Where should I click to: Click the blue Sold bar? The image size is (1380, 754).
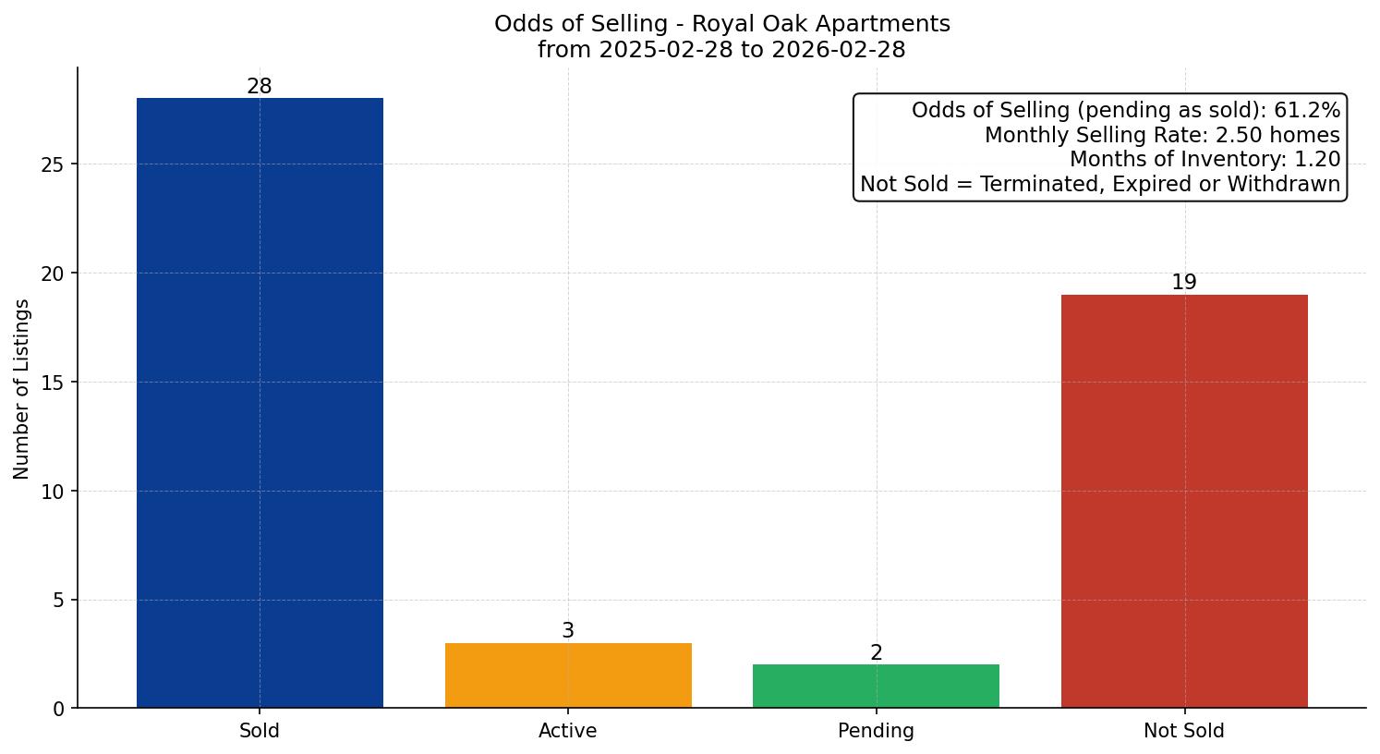click(x=260, y=403)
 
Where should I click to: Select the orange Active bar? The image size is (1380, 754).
click(x=568, y=675)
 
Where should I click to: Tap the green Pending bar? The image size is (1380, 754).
click(x=876, y=686)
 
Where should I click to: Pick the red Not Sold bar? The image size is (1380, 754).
click(x=1184, y=501)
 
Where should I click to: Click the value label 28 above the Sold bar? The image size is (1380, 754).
click(x=260, y=87)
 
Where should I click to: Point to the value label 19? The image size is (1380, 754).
click(x=1184, y=283)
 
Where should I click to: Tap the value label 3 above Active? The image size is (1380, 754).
click(x=568, y=631)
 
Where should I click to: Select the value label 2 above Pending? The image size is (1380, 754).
click(x=876, y=653)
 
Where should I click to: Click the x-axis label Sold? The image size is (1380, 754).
click(x=260, y=731)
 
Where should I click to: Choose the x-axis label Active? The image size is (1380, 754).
click(x=568, y=731)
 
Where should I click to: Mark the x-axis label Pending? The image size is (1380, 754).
click(x=876, y=731)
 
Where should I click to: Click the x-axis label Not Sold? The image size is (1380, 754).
click(x=1184, y=731)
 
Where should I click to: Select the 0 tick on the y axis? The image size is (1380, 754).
click(x=60, y=709)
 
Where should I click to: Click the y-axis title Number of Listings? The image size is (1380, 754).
click(x=22, y=389)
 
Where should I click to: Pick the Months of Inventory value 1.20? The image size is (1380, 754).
click(x=1317, y=160)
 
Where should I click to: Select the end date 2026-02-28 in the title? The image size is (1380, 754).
click(x=839, y=50)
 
